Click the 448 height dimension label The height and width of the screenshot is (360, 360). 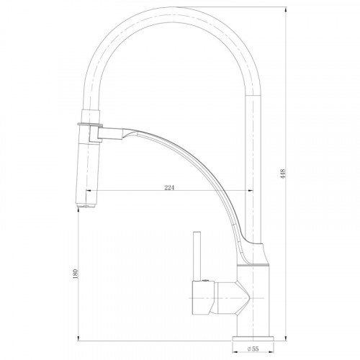coord(283,174)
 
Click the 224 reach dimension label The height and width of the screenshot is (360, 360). coord(169,188)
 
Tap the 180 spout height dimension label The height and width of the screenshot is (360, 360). coord(76,274)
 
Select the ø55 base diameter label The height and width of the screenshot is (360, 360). coord(253,348)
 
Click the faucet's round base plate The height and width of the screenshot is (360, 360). coord(253,338)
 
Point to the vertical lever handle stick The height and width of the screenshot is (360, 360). coord(197,256)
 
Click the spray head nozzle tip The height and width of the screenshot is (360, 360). coord(86,205)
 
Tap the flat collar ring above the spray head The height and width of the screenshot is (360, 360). coord(90,125)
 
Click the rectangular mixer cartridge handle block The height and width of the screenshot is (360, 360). coord(203,297)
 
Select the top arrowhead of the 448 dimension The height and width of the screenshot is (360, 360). coord(286,9)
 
